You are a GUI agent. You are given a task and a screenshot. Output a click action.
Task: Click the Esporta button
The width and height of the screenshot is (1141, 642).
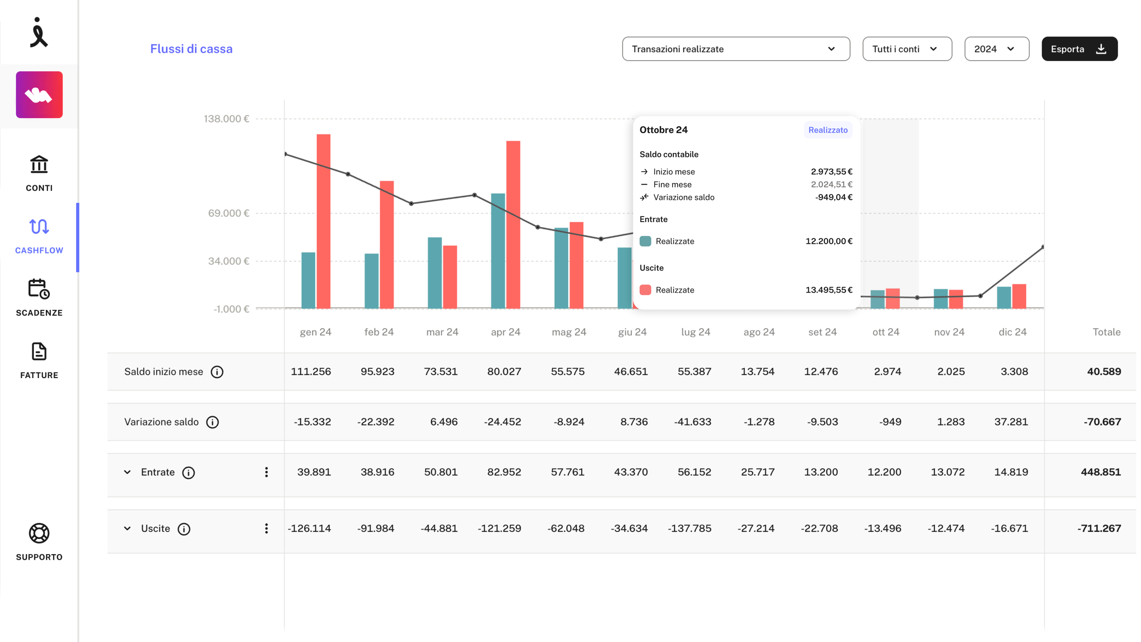1079,49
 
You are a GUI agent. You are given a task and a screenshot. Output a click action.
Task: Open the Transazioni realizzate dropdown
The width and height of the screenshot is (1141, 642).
736,49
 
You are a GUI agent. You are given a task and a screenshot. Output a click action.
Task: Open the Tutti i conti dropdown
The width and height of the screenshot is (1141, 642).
907,49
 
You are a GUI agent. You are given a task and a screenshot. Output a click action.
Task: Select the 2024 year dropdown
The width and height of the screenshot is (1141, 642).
997,49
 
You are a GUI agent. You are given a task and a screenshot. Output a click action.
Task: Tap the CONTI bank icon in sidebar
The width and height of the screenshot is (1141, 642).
39,165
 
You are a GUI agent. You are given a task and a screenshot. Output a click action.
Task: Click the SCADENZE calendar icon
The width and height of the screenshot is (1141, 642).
39,289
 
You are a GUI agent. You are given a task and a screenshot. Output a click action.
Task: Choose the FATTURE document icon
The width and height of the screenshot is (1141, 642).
39,351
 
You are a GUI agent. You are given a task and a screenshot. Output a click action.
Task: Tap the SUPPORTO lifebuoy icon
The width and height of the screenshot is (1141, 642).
39,533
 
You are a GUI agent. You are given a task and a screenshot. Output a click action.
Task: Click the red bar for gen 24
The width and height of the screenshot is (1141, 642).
324,221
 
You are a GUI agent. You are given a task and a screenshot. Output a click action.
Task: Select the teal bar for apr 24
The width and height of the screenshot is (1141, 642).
498,251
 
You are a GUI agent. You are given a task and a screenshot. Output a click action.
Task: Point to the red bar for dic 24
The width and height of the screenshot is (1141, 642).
1019,296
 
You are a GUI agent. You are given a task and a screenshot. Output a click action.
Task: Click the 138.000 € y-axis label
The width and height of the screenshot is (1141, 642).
226,119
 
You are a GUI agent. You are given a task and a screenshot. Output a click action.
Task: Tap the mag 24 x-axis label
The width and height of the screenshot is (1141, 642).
569,332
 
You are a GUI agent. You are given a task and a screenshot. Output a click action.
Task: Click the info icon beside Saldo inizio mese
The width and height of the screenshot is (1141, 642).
217,372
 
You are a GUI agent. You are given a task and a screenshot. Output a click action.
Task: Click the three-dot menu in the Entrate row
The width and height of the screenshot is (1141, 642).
267,472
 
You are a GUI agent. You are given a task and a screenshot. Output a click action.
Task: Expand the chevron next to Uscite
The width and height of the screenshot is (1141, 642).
127,528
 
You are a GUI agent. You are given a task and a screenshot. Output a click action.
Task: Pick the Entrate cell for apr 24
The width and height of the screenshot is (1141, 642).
504,472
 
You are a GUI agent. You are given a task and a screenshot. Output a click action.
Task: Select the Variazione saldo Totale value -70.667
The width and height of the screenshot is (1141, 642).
1102,422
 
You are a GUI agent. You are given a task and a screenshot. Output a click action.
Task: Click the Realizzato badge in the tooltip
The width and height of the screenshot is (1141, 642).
828,130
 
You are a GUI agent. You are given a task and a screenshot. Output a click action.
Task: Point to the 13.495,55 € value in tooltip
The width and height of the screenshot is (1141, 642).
829,290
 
